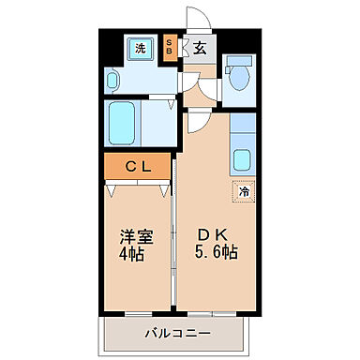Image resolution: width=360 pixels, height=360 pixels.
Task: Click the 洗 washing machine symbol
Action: pos(140,48)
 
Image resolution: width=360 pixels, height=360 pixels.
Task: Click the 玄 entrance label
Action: pos(201,48)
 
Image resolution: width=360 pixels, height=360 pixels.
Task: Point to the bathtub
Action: pos(123,122)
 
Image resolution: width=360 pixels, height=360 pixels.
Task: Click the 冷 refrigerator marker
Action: pos(243,193)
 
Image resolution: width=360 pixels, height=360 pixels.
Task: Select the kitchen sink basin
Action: pos(242,160)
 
